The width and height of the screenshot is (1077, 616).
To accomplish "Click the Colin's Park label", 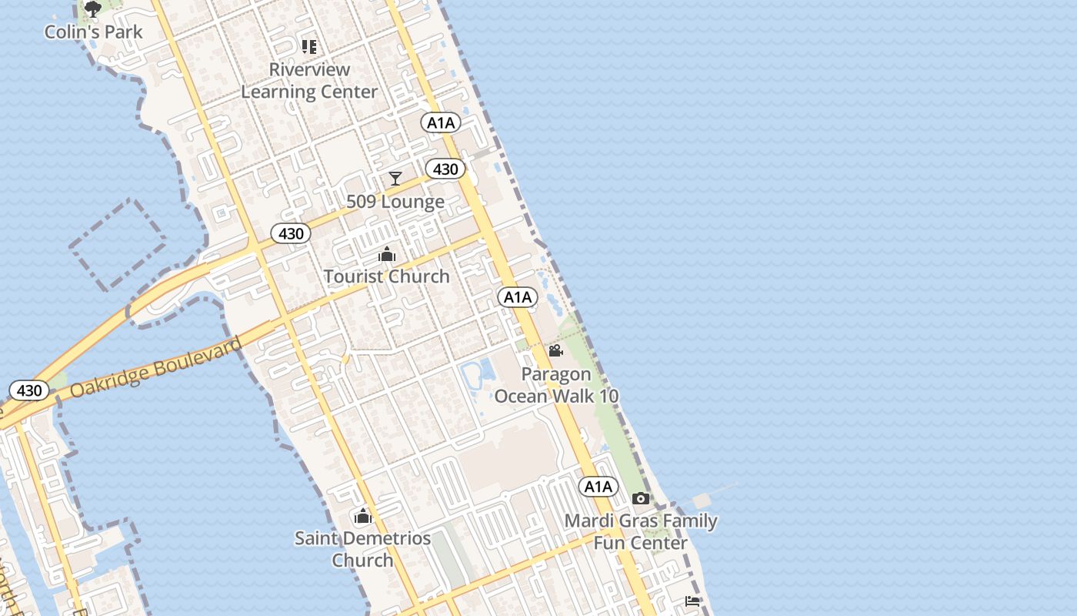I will tap(93, 32).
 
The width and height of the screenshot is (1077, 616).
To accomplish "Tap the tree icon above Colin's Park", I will tap(93, 9).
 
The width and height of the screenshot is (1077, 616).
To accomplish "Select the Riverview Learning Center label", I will tap(309, 80).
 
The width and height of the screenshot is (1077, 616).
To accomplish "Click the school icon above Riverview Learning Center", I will tap(309, 47).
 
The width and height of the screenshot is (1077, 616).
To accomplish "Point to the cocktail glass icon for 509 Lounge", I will tap(395, 179).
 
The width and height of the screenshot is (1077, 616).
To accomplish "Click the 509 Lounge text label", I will tap(395, 202).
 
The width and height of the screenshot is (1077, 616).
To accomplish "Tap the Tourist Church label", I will tap(386, 276).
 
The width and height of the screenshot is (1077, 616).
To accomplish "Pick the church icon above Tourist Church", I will tap(386, 254).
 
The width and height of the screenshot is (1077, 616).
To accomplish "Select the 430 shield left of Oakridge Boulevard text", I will tap(29, 390).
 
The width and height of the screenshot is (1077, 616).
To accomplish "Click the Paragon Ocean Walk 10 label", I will tap(556, 385).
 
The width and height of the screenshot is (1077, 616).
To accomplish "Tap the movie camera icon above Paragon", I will tap(555, 351).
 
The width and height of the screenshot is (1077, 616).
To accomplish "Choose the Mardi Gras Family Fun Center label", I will tap(641, 531).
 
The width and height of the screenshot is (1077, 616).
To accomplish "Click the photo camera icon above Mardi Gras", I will tap(641, 499).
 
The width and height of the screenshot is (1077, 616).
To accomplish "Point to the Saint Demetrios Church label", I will tap(362, 548).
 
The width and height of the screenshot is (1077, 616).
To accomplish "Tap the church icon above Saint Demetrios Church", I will tap(362, 516).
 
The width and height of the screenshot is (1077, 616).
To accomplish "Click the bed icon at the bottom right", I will tap(692, 601).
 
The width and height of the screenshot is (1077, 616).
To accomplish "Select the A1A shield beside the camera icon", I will tap(598, 487).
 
